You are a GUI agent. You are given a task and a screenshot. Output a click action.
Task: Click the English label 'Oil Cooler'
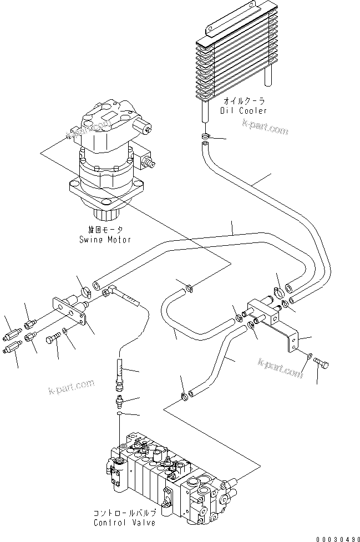coord(245,110)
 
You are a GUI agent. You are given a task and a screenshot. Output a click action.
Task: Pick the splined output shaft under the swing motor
coord(104,212)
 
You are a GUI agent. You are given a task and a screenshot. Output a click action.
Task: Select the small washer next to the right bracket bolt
coord(309,356)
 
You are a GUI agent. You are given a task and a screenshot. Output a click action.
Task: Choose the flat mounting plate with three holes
coord(70,314)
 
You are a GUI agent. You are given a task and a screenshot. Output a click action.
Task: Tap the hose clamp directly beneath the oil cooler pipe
coord(205,136)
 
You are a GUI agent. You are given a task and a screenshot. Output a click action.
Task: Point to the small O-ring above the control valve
coord(120,413)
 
